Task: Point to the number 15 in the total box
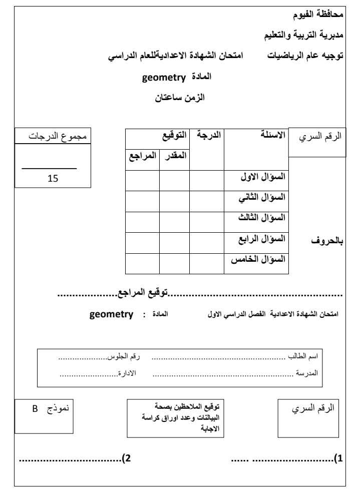(x=53, y=178)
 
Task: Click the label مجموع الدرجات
(x=53, y=136)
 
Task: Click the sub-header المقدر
(x=174, y=156)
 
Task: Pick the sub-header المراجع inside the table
(x=142, y=156)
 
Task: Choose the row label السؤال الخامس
(x=258, y=260)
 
